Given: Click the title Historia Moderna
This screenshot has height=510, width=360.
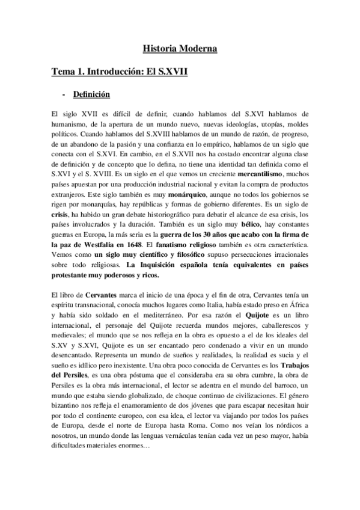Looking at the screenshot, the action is click(x=180, y=48).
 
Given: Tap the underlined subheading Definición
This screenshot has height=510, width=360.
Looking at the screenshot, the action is click(x=91, y=94).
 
